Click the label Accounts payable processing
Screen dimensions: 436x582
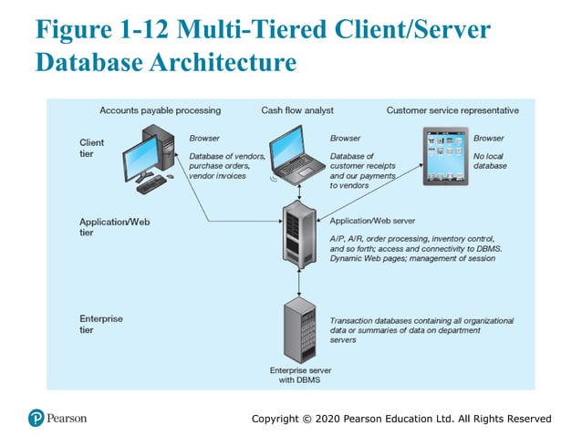(160, 110)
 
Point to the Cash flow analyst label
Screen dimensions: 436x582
(297, 110)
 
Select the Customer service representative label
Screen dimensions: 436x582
(452, 110)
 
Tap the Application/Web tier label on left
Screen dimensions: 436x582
(107, 227)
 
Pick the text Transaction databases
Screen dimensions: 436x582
(369, 320)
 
